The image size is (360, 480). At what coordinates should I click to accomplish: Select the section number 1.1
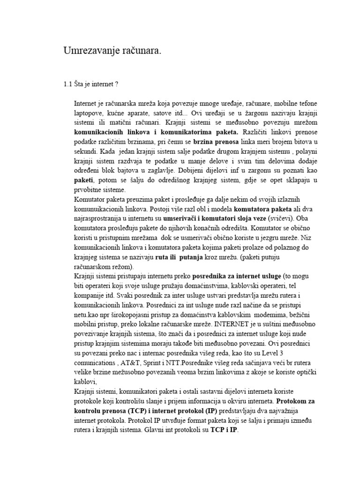pyautogui.click(x=68, y=84)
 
